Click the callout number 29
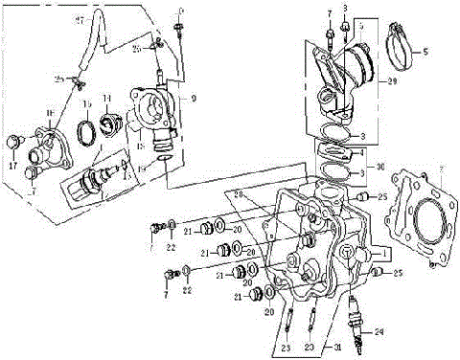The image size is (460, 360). tap(390, 84)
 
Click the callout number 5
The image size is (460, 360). tap(426, 50)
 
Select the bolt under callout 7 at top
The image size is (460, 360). tap(329, 34)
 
